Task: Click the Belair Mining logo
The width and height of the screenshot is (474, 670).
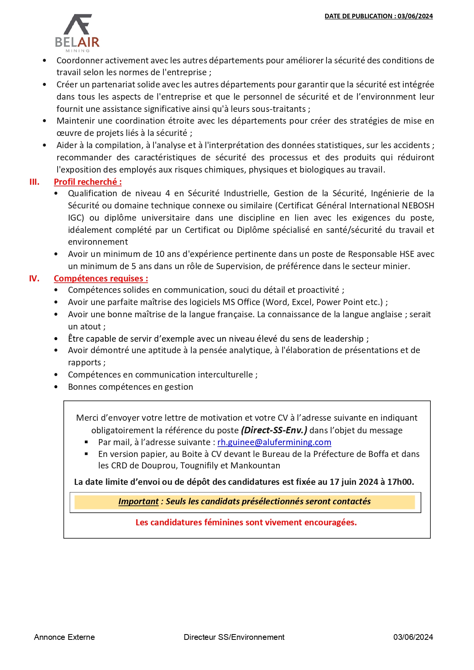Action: coord(78,33)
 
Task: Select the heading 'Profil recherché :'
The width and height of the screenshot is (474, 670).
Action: coord(87,182)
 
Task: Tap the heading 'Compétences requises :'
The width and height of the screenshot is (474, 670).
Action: coord(101,278)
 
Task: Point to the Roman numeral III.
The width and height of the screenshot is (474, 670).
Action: coord(34,182)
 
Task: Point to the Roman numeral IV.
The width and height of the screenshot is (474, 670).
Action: coord(34,278)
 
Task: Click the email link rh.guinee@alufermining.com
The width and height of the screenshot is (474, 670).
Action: coord(274,442)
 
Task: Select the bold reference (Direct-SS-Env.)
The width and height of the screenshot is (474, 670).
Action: coord(274,430)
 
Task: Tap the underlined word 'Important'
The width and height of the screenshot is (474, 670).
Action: coord(138,501)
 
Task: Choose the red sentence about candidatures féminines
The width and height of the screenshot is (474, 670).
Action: coord(246,522)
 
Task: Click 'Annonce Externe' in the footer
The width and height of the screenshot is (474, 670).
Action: coord(64,637)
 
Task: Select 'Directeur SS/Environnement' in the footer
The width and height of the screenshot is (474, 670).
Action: coord(234,637)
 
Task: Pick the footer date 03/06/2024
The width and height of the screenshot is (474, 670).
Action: coord(413,637)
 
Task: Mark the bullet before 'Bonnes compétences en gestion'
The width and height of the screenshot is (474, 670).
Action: coord(56,387)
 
